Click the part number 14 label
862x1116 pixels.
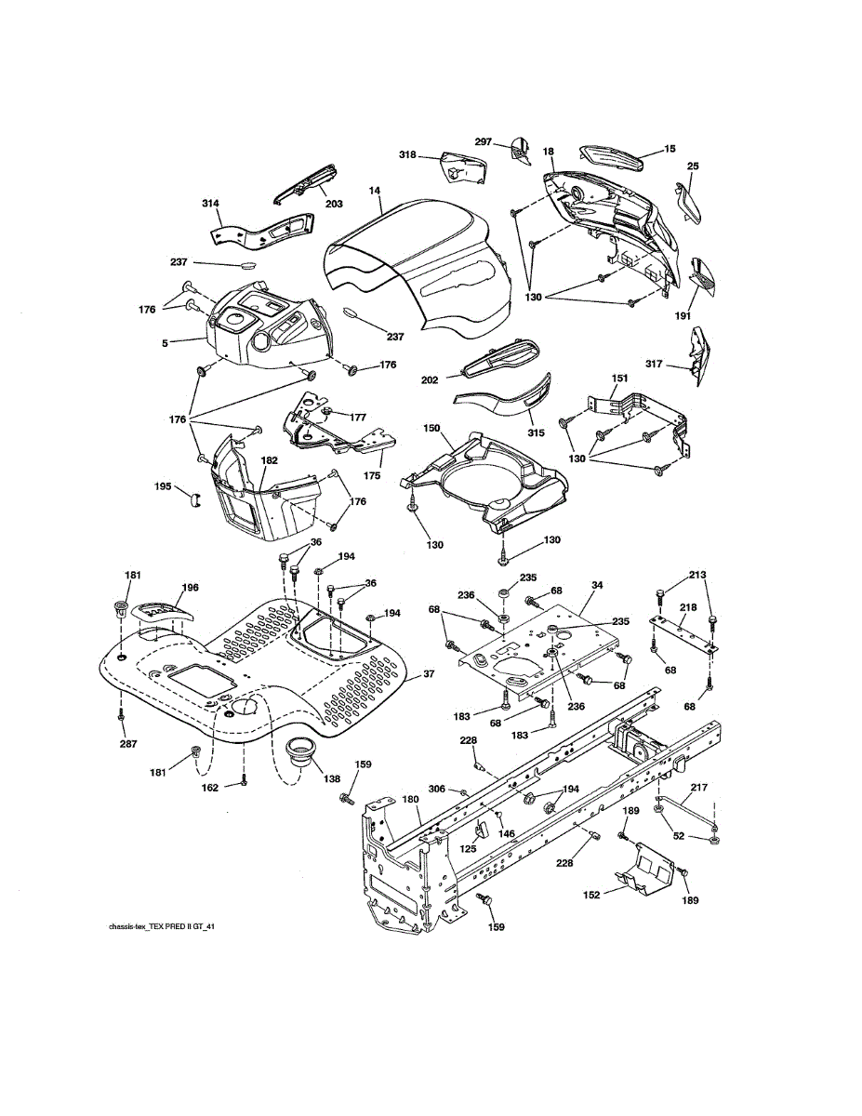(375, 191)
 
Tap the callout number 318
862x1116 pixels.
(408, 154)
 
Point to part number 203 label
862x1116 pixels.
(333, 204)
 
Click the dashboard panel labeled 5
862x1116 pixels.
(265, 330)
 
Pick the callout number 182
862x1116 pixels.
(269, 460)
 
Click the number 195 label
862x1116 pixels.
(163, 486)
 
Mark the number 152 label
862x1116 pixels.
(591, 894)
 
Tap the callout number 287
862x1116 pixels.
(121, 745)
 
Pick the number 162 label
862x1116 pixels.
(210, 788)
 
